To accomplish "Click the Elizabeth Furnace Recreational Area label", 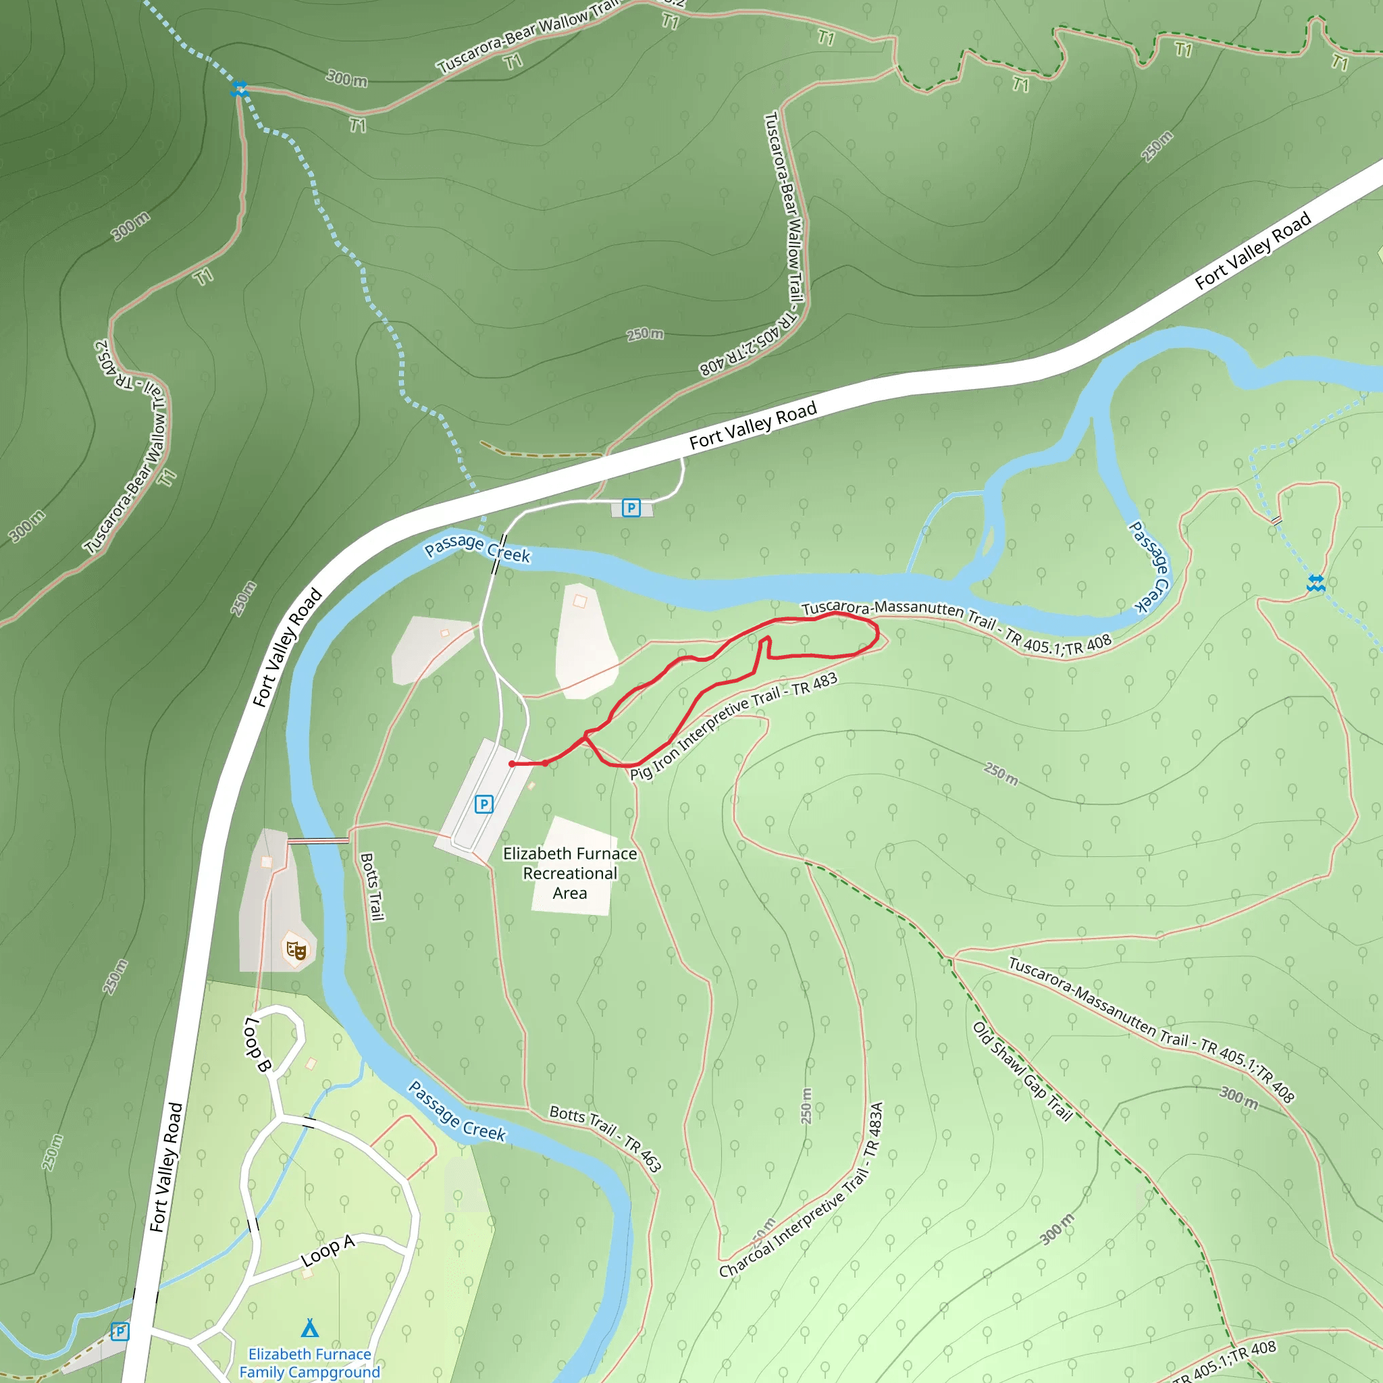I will (x=570, y=873).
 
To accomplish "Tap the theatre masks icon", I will (x=296, y=951).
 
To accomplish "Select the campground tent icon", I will (x=310, y=1328).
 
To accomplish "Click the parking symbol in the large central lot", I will (x=484, y=804).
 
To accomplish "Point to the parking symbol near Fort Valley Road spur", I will (x=631, y=508).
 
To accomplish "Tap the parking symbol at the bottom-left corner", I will (x=120, y=1332).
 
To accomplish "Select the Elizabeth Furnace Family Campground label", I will (x=310, y=1363).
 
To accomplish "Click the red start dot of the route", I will (x=512, y=764).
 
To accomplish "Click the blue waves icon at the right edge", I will (x=1315, y=583).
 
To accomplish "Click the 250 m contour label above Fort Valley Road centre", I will (x=645, y=334).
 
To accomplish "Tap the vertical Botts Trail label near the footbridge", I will (x=372, y=886).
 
